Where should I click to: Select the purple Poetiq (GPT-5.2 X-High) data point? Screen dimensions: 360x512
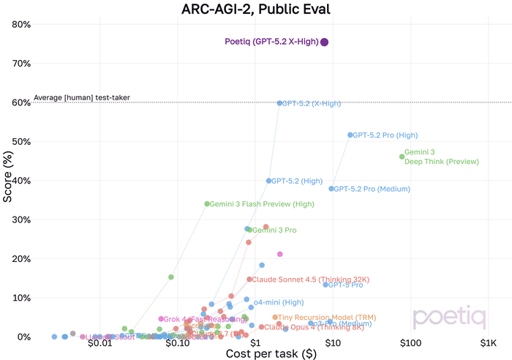324,42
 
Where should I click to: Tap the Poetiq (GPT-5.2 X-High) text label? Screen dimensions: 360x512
271,42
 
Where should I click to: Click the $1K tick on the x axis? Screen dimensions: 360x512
488,343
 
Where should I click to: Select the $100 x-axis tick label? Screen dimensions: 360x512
410,343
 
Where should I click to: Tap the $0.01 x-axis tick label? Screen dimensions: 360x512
99,343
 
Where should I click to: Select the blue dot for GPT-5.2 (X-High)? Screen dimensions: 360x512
279,103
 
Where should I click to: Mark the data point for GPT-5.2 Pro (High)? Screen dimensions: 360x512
350,135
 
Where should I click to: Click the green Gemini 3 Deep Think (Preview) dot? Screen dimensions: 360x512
402,157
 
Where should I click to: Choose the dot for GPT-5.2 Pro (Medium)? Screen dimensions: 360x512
331,189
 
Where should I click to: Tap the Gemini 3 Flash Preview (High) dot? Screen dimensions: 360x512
207,204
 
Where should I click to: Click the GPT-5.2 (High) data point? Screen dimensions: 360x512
269,181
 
